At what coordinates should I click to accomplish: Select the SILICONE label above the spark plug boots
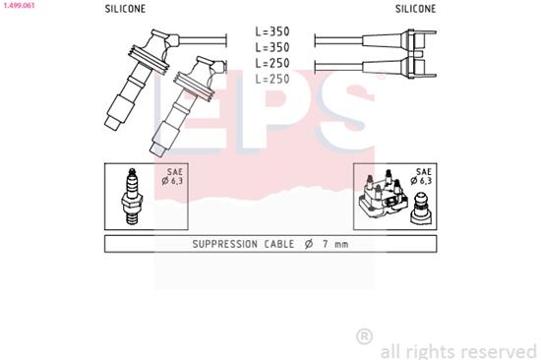[125, 8]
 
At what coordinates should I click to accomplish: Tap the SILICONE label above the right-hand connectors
[416, 8]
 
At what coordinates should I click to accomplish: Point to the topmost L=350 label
[272, 31]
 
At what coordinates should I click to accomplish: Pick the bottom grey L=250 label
[272, 79]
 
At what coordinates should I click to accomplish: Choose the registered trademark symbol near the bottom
[364, 335]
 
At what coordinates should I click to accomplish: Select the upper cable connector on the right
[417, 40]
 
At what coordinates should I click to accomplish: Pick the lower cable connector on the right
[417, 67]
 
